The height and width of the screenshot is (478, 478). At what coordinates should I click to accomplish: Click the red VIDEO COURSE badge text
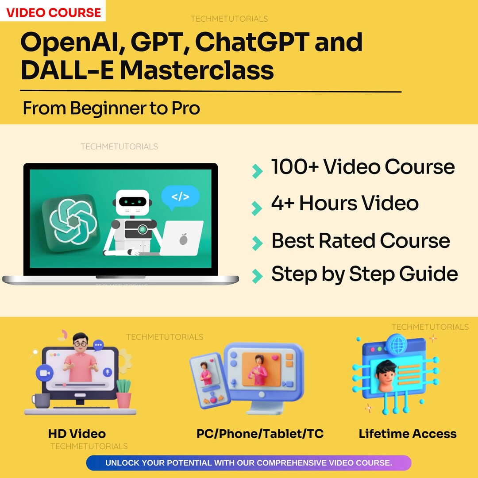pos(53,12)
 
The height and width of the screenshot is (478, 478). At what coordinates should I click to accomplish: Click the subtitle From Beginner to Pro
pos(111,108)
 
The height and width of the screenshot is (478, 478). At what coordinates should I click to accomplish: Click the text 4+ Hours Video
pos(345,204)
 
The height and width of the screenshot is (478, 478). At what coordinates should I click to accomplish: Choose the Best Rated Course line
pos(360,241)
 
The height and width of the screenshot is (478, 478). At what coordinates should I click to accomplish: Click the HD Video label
pos(77,434)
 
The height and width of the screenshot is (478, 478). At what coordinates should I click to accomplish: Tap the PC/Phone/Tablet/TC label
pos(260,434)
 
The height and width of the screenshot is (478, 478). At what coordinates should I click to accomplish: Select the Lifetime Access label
pos(408,434)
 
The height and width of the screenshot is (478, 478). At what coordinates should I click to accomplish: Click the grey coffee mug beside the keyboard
pos(41,401)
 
